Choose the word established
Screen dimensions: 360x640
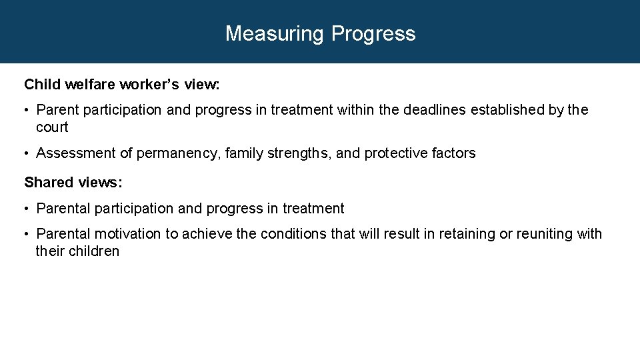click(x=507, y=110)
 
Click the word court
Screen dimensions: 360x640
click(x=52, y=127)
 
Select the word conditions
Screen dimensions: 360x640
click(x=293, y=234)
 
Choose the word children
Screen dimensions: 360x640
click(x=94, y=251)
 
